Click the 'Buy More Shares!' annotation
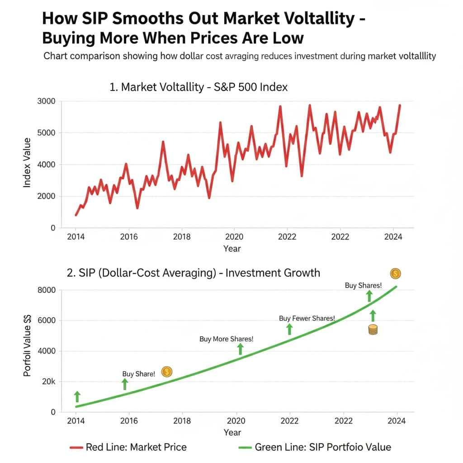(x=226, y=339)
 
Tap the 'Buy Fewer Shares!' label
(x=307, y=318)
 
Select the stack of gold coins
(x=373, y=330)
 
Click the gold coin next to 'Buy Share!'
(x=166, y=372)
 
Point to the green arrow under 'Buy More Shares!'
(x=241, y=349)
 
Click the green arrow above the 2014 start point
(x=77, y=397)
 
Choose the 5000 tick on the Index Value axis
(x=46, y=133)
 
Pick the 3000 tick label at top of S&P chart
(x=46, y=101)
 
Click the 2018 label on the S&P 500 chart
(x=182, y=236)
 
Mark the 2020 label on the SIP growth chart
(x=236, y=420)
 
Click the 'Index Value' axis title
(x=28, y=163)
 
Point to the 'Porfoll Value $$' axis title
(x=28, y=346)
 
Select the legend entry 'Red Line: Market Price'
(x=128, y=447)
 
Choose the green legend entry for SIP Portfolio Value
(x=315, y=447)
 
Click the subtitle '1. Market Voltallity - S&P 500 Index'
(x=198, y=87)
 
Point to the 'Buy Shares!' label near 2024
(x=363, y=285)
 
